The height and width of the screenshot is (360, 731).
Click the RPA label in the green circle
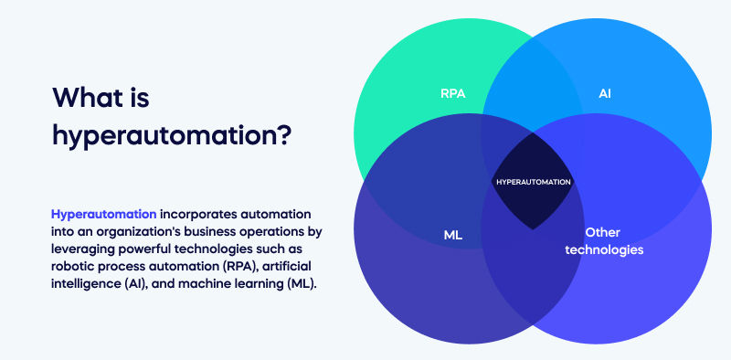pos(453,93)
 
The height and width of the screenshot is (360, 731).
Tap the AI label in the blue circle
pos(605,93)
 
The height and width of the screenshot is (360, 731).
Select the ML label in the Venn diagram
pos(453,235)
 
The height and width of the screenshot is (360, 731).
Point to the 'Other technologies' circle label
pos(604,240)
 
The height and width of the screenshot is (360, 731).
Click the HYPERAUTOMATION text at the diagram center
pos(534,182)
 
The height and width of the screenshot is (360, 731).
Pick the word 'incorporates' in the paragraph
pos(198,213)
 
